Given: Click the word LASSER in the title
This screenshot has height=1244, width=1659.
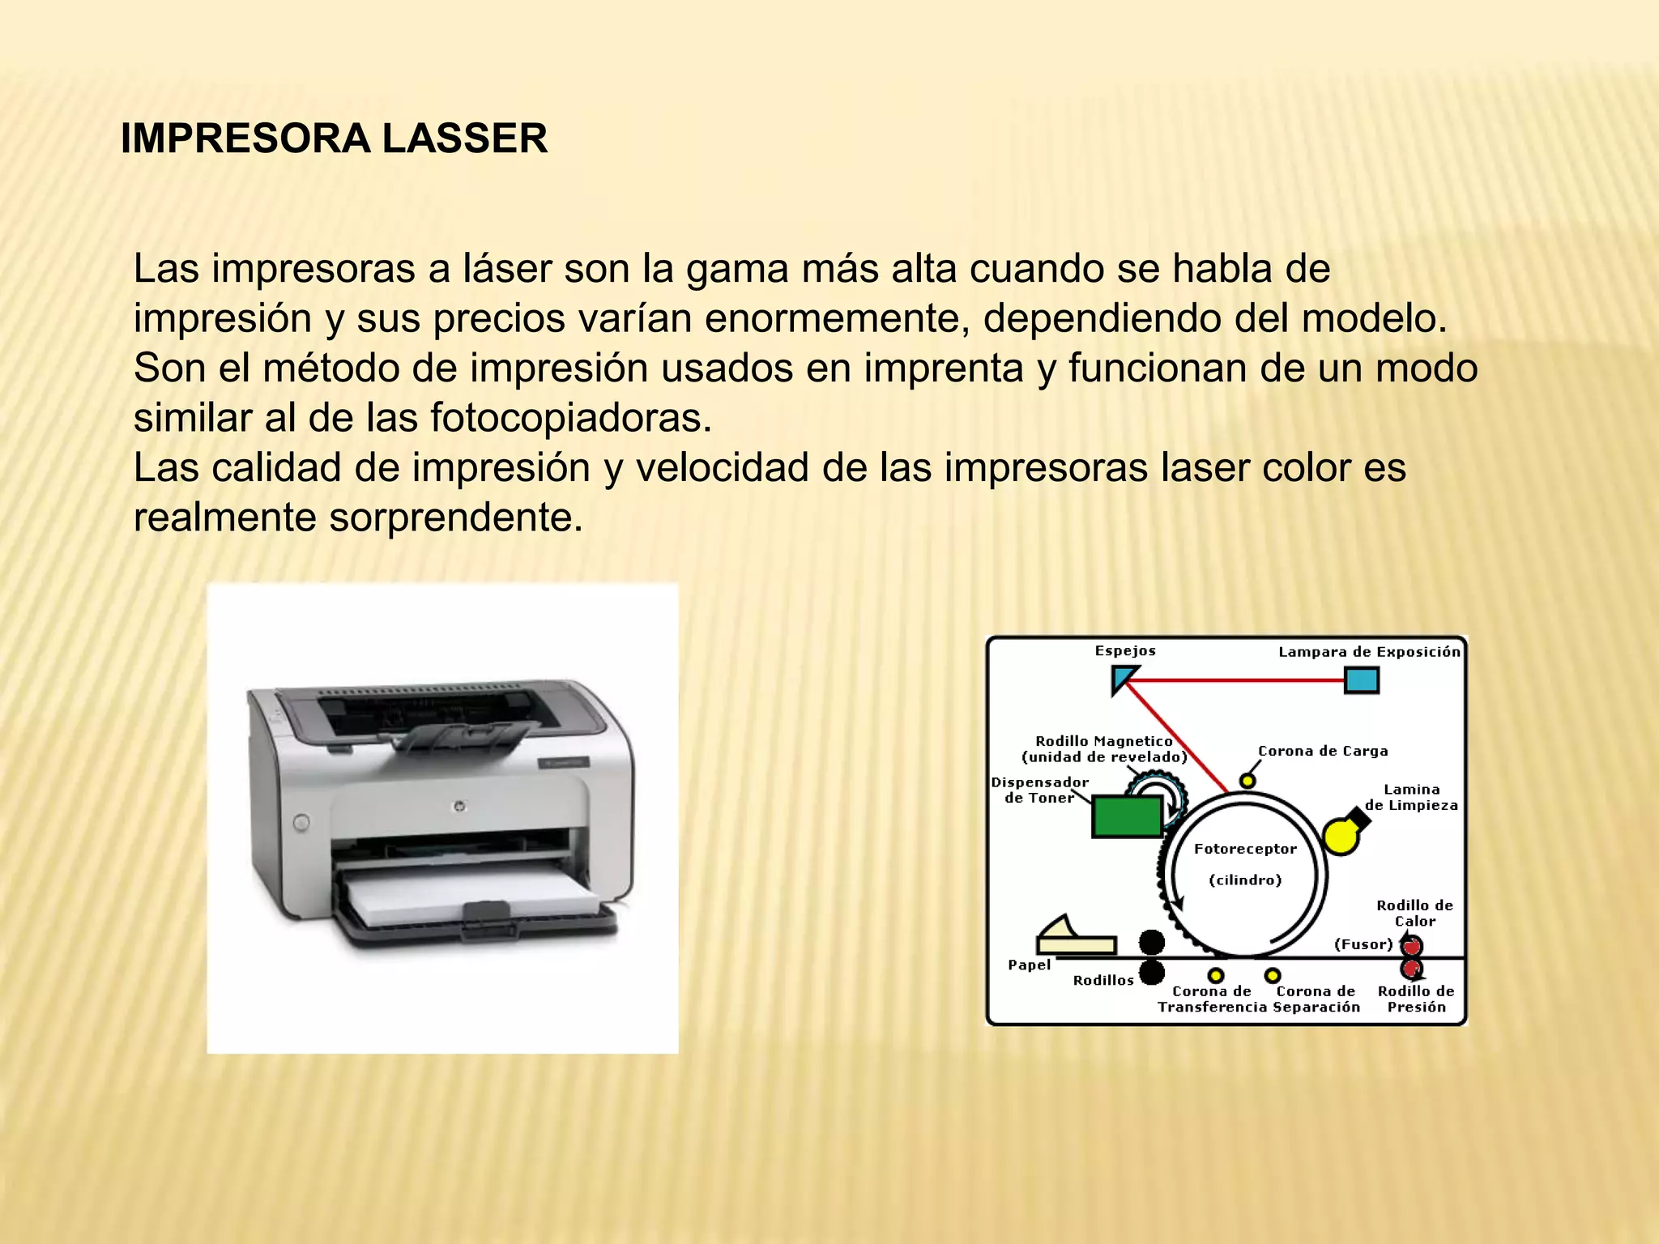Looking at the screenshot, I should tap(464, 138).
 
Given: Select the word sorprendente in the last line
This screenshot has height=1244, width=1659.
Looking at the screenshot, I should tap(455, 518).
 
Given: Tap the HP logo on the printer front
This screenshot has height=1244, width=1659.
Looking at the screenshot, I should tap(459, 806).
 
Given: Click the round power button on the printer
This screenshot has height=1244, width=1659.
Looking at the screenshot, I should tap(301, 823).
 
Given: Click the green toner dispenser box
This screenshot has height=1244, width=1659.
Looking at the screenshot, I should tap(1127, 816).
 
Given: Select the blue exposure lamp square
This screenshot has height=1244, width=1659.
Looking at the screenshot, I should tap(1362, 680).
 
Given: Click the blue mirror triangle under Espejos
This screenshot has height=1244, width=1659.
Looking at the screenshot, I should tap(1123, 677).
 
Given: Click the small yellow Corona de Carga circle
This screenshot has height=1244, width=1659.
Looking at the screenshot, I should tap(1247, 781).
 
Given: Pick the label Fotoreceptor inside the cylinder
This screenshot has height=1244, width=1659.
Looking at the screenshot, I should tap(1245, 849).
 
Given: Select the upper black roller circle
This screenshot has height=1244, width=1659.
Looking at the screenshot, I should tap(1151, 942).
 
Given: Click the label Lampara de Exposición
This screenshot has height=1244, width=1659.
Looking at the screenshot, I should tap(1369, 652).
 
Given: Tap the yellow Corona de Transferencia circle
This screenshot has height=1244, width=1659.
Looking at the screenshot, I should tap(1216, 975).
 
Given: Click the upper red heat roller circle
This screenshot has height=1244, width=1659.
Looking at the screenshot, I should tap(1412, 946).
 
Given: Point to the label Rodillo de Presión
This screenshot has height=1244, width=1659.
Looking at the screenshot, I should tap(1416, 999).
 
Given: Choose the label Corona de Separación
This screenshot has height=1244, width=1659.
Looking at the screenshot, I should tap(1316, 999).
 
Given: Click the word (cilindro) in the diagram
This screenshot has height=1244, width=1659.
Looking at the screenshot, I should tap(1245, 880).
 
